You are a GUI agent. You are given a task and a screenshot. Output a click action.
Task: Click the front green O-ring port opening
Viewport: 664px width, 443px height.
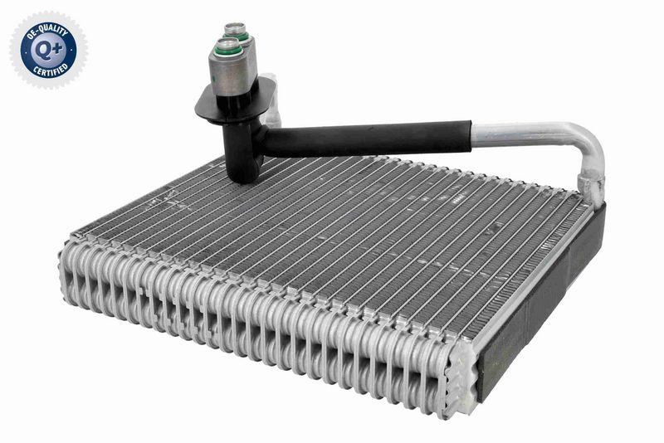(x=228, y=50)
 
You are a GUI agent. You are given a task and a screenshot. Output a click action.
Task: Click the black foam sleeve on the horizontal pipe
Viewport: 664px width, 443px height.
(x=373, y=139)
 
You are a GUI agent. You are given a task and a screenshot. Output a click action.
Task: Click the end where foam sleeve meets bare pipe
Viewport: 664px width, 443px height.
(x=471, y=135)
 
